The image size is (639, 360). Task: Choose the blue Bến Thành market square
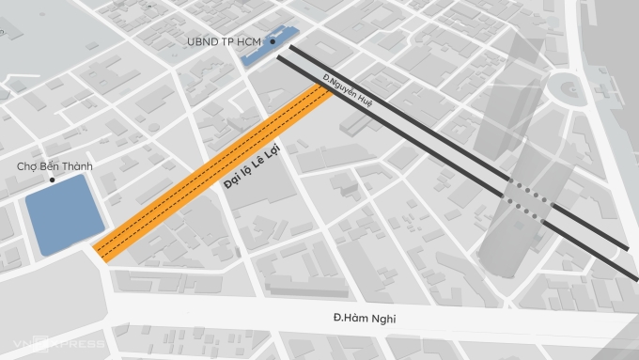[x=63, y=214]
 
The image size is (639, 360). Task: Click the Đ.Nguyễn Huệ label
[x=348, y=93]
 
